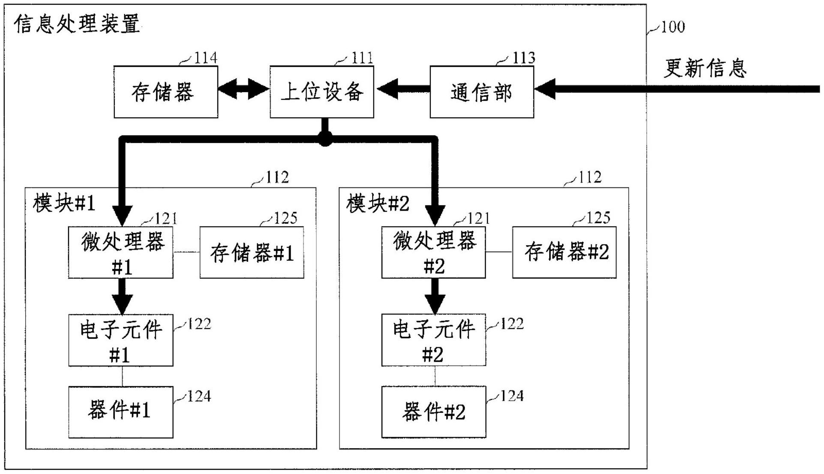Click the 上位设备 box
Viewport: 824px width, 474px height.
click(x=322, y=92)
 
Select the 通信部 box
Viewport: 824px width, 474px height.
click(x=481, y=92)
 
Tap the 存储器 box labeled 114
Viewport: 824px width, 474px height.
click(x=165, y=92)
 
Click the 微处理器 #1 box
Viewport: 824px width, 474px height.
click(x=120, y=253)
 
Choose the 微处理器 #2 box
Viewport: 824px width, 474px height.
click(x=433, y=253)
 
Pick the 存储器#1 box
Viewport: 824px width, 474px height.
click(x=252, y=253)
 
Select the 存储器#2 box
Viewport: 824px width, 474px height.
click(x=564, y=253)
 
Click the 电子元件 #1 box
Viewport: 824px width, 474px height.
click(x=120, y=340)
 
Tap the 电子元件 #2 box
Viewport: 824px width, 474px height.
click(x=433, y=340)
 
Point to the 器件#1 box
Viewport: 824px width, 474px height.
click(x=120, y=411)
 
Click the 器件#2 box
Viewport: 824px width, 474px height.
click(x=433, y=411)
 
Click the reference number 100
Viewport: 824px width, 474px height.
click(x=672, y=27)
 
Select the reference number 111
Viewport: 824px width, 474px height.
click(x=362, y=58)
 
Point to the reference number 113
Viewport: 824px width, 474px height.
click(x=523, y=58)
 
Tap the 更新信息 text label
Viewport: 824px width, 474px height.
click(x=705, y=68)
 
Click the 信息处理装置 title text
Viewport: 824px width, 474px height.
click(x=77, y=24)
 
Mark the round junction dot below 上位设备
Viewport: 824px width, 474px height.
click(x=325, y=138)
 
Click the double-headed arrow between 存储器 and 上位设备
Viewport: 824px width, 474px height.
click(x=244, y=89)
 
